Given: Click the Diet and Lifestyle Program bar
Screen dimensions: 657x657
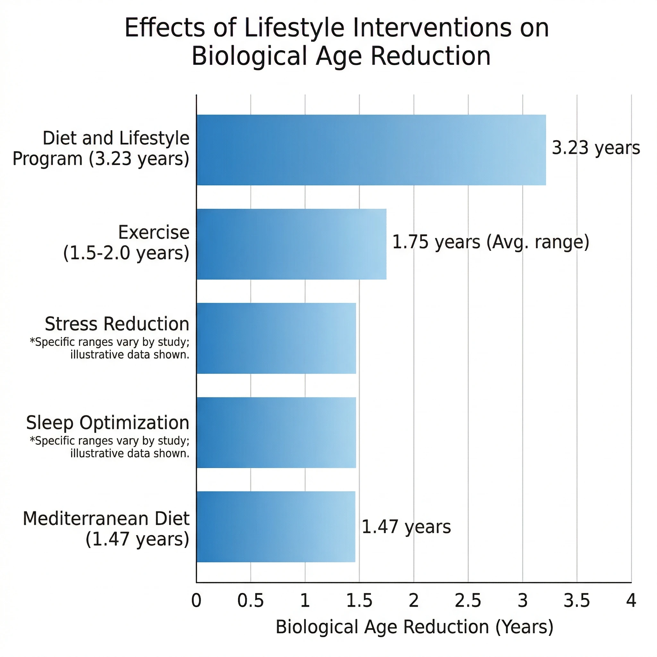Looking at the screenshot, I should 371,150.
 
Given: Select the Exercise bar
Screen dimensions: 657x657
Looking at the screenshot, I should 291,244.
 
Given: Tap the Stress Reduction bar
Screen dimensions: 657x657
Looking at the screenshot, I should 276,338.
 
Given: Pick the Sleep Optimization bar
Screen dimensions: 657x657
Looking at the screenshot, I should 276,432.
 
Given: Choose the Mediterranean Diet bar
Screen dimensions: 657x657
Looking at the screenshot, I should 276,527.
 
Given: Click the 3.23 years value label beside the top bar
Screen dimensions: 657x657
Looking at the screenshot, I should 595,148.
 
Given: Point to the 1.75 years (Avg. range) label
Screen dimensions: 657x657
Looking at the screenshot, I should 491,243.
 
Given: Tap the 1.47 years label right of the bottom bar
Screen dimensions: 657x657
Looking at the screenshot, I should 406,527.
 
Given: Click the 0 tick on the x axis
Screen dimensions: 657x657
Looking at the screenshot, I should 196,601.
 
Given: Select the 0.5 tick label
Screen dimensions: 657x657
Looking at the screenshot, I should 251,601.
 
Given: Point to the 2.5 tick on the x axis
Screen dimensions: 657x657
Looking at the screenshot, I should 468,601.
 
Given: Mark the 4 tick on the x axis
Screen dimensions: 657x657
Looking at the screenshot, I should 631,601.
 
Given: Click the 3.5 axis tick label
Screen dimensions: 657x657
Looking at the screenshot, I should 577,601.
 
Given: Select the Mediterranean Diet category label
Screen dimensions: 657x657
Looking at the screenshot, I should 106,519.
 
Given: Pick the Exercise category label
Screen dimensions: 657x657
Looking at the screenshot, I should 153,233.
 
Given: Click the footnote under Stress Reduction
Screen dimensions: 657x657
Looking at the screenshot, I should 109,348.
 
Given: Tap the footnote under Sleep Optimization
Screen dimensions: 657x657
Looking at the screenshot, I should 109,447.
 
